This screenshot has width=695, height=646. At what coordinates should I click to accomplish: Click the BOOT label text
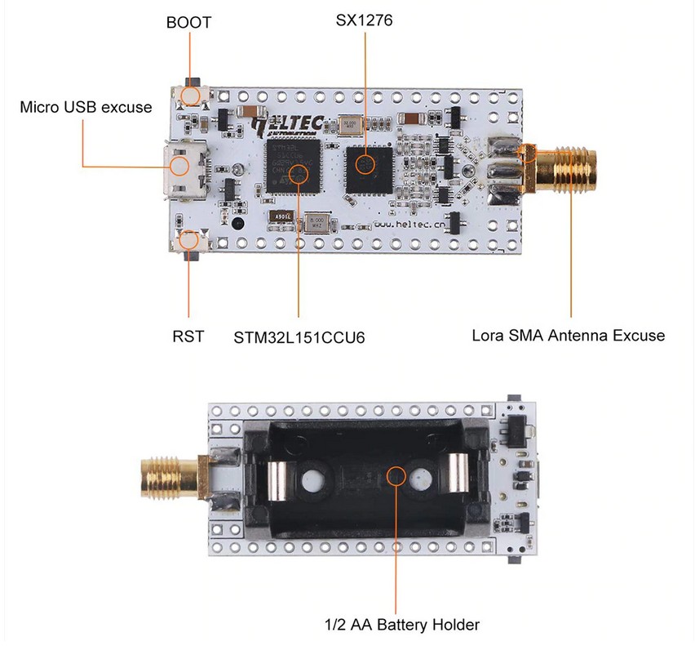pos(188,23)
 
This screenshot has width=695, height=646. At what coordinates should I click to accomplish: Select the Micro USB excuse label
pos(86,107)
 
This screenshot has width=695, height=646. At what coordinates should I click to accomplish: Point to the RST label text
pos(188,336)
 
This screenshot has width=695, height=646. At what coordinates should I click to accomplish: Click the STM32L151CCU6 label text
pos(299,336)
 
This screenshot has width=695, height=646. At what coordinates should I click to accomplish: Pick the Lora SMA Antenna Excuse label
pos(569,335)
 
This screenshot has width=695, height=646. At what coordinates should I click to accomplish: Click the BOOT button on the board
pos(192,96)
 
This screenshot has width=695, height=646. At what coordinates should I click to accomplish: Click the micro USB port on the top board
pos(181,167)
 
